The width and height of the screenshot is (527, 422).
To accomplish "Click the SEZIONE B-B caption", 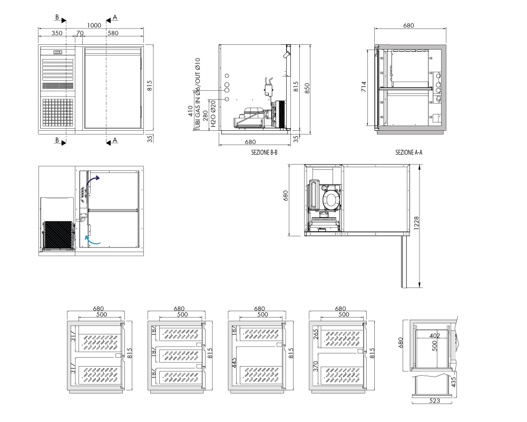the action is (x=265, y=152).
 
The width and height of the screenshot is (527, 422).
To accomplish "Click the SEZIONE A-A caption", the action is (x=409, y=152).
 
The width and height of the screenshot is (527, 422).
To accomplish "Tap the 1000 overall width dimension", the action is (x=94, y=25).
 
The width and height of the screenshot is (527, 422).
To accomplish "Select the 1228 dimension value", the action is (x=416, y=223).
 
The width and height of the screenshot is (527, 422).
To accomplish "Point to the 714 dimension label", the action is (x=364, y=87).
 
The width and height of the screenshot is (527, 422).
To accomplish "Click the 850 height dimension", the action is (x=307, y=88).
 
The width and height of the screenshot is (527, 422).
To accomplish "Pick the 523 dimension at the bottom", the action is (x=435, y=400).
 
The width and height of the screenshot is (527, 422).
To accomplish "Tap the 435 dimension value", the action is (x=453, y=381).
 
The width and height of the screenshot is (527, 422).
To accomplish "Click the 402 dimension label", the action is (x=435, y=335).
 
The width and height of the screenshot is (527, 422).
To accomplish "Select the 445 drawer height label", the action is (x=235, y=362).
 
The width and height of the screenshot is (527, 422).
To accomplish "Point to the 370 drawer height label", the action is (x=316, y=366).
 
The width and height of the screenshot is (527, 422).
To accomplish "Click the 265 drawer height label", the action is (x=316, y=334).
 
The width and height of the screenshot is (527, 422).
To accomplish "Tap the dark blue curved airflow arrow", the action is (x=91, y=183).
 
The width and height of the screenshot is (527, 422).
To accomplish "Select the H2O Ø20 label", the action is (x=213, y=113).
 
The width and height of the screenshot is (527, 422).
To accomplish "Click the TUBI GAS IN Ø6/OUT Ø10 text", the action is (x=198, y=94).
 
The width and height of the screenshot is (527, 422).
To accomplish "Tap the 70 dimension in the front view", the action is (x=80, y=33).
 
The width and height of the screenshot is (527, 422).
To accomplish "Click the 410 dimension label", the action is (x=191, y=111).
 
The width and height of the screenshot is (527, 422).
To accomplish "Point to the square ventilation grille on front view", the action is (x=57, y=113).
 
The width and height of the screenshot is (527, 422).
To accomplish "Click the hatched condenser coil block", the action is (x=58, y=235).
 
